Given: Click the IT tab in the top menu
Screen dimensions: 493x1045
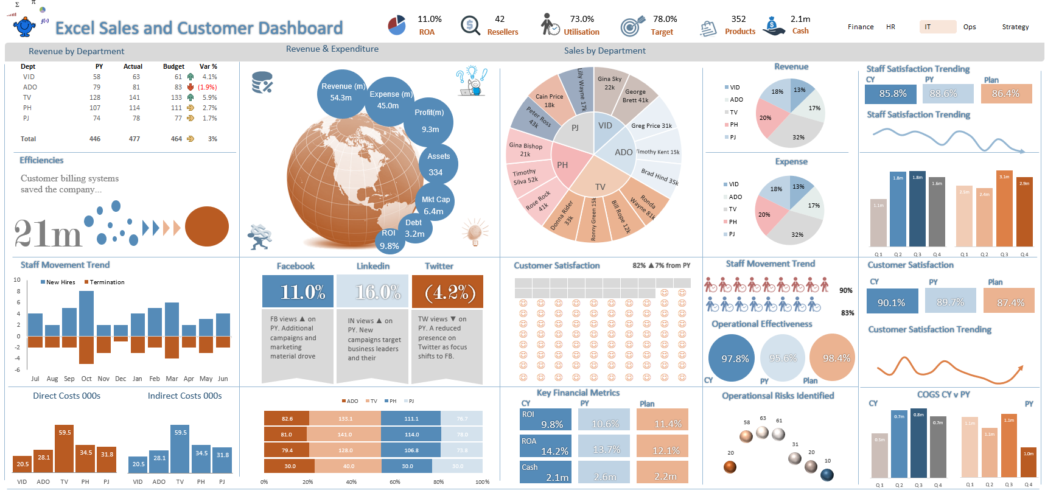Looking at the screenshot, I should [937, 27].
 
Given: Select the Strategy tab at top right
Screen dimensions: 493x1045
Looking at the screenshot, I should [1015, 27].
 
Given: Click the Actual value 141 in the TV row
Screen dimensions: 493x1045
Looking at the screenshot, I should [135, 97].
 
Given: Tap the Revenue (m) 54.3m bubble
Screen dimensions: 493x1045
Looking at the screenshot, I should [343, 93].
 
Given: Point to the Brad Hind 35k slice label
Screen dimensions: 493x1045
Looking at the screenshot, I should [660, 177].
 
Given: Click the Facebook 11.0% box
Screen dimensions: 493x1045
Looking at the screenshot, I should [298, 292].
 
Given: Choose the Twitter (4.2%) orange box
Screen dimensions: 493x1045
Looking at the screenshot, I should [447, 292].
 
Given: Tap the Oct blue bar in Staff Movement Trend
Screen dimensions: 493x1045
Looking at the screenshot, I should [86, 313].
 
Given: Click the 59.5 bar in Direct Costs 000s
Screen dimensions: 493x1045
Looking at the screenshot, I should [65, 449].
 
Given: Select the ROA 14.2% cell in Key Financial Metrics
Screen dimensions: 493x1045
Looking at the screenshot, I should [545, 446].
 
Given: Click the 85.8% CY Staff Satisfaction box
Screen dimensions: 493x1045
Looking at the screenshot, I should [892, 94].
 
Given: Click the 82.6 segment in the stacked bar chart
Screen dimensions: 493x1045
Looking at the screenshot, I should [287, 419].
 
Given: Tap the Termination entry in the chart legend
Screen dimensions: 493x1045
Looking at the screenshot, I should [107, 282].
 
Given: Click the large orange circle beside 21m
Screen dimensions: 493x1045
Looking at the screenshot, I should [207, 226].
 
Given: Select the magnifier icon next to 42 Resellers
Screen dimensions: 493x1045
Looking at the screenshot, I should [470, 26].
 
